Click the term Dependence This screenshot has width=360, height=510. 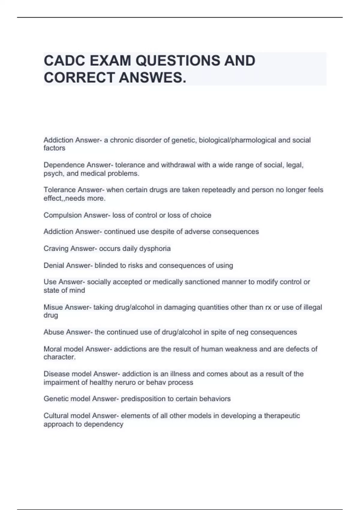tap(64, 165)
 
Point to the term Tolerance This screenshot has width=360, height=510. tap(60, 190)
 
